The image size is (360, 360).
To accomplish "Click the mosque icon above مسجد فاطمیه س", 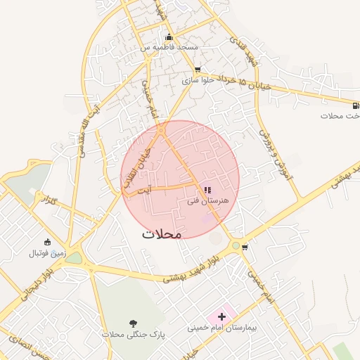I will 168,37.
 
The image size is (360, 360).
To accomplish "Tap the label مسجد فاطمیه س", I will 169,47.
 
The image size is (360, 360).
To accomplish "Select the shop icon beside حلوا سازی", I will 197,70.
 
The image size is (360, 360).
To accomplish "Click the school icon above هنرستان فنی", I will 207,188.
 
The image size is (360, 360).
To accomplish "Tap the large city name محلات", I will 162,233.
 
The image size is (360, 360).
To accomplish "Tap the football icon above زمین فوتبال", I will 46,242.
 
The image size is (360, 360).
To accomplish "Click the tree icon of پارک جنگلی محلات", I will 134,323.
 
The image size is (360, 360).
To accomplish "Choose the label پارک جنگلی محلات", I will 132,334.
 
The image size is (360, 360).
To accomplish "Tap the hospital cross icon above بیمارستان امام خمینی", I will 223,317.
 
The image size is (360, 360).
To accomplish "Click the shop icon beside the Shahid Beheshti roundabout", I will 245,247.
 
